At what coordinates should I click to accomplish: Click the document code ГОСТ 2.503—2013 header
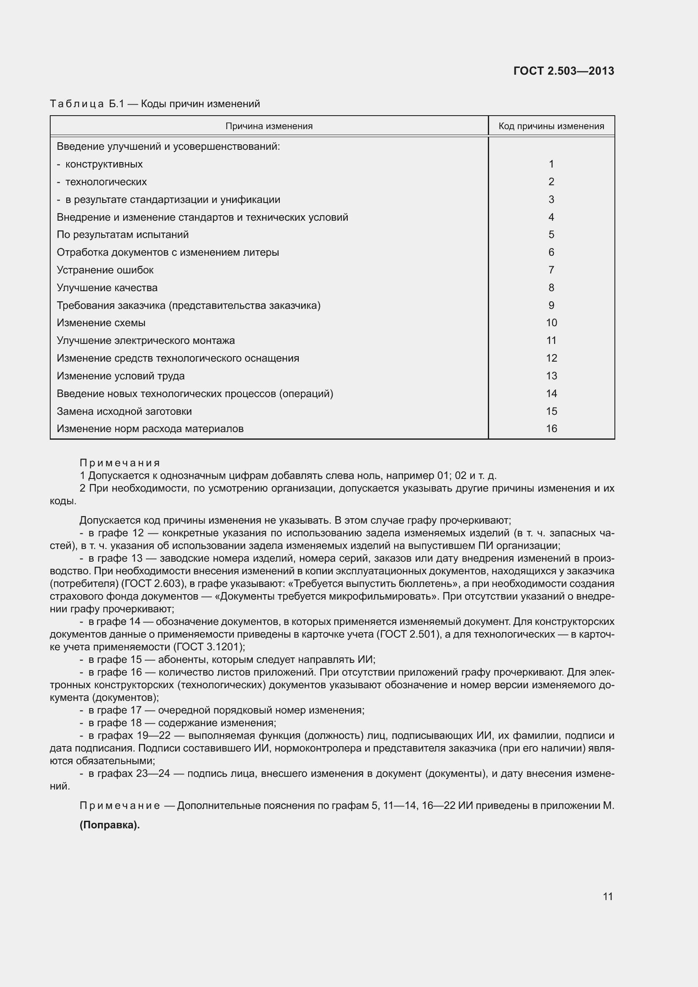pyautogui.click(x=563, y=71)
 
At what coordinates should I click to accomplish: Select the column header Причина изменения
pyautogui.click(x=269, y=127)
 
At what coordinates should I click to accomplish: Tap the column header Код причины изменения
pyautogui.click(x=551, y=127)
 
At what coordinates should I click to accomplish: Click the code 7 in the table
pyautogui.click(x=551, y=270)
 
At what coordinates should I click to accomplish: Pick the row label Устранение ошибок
pyautogui.click(x=105, y=270)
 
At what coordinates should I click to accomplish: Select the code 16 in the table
pyautogui.click(x=551, y=429)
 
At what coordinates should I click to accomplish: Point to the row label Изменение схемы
pyautogui.click(x=101, y=323)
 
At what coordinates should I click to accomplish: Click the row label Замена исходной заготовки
pyautogui.click(x=124, y=411)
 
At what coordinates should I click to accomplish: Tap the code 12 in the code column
pyautogui.click(x=551, y=358)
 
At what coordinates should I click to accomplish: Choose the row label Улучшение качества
pyautogui.click(x=107, y=288)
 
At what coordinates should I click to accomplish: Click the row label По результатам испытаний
pyautogui.click(x=122, y=235)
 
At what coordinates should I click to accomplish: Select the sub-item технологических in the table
pyautogui.click(x=106, y=182)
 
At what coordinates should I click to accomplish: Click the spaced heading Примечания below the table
pyautogui.click(x=119, y=463)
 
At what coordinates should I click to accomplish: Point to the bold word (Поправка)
pyautogui.click(x=110, y=825)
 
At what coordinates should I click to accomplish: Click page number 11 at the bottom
pyautogui.click(x=607, y=896)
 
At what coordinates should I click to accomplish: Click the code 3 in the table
pyautogui.click(x=551, y=200)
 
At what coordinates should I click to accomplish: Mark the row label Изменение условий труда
pyautogui.click(x=120, y=376)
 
